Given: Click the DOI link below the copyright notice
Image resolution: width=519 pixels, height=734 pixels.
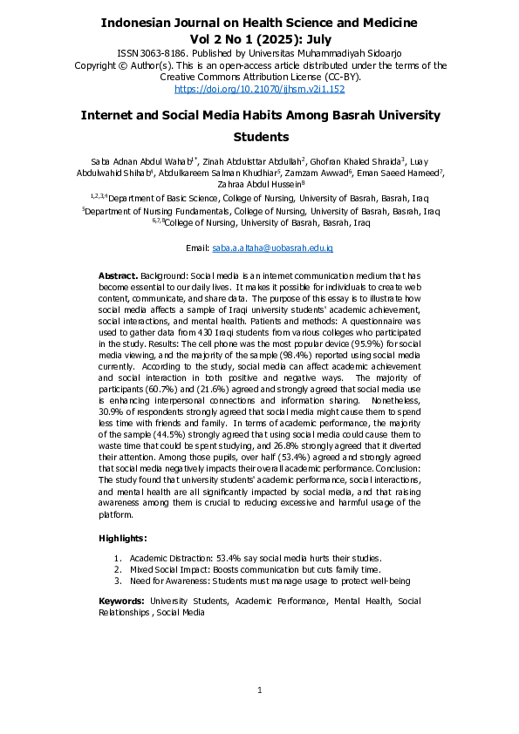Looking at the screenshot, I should (260, 89).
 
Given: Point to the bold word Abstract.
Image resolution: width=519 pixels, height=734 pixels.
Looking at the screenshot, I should (119, 275).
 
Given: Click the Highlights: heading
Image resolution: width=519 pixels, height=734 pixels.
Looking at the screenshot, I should (123, 539).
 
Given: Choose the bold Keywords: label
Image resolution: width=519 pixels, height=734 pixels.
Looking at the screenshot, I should (121, 601).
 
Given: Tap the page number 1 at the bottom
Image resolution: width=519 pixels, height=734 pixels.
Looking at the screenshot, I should (260, 691).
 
